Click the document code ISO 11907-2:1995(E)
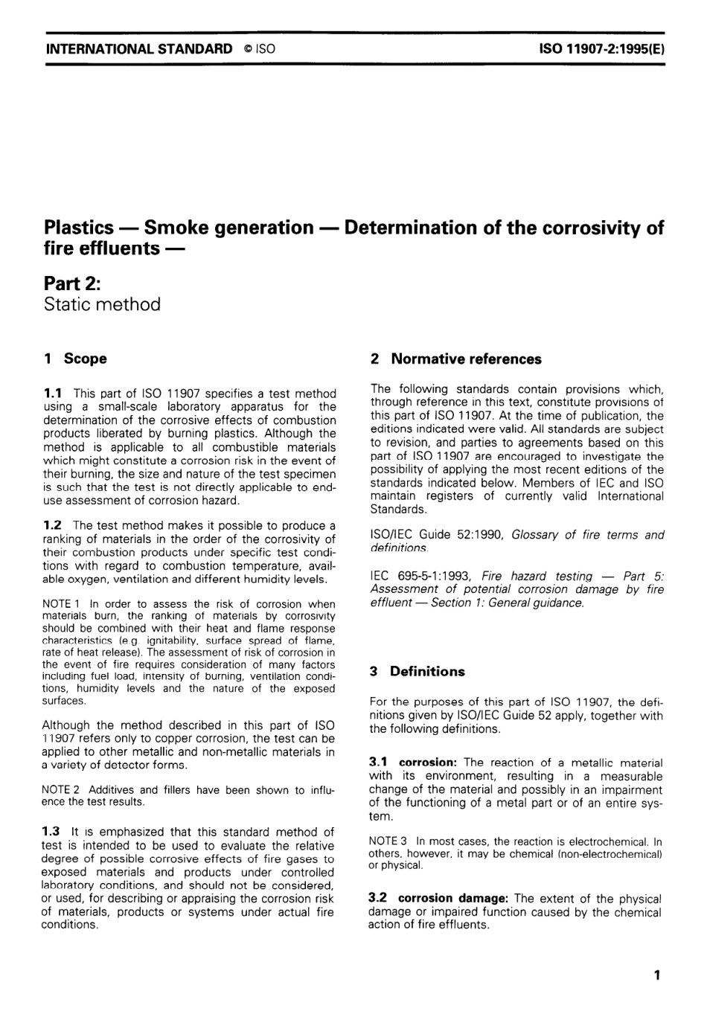[x=601, y=49]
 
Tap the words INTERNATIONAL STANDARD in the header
[x=139, y=49]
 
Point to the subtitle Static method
[x=102, y=304]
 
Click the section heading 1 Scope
[x=75, y=359]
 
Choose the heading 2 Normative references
[x=455, y=359]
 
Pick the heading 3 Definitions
[x=417, y=671]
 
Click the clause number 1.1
[x=52, y=393]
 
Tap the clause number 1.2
[x=52, y=526]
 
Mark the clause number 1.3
[x=52, y=832]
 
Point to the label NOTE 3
[x=388, y=842]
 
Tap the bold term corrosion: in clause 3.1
[x=428, y=763]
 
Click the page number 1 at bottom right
[x=656, y=975]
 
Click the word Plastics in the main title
[x=79, y=228]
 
